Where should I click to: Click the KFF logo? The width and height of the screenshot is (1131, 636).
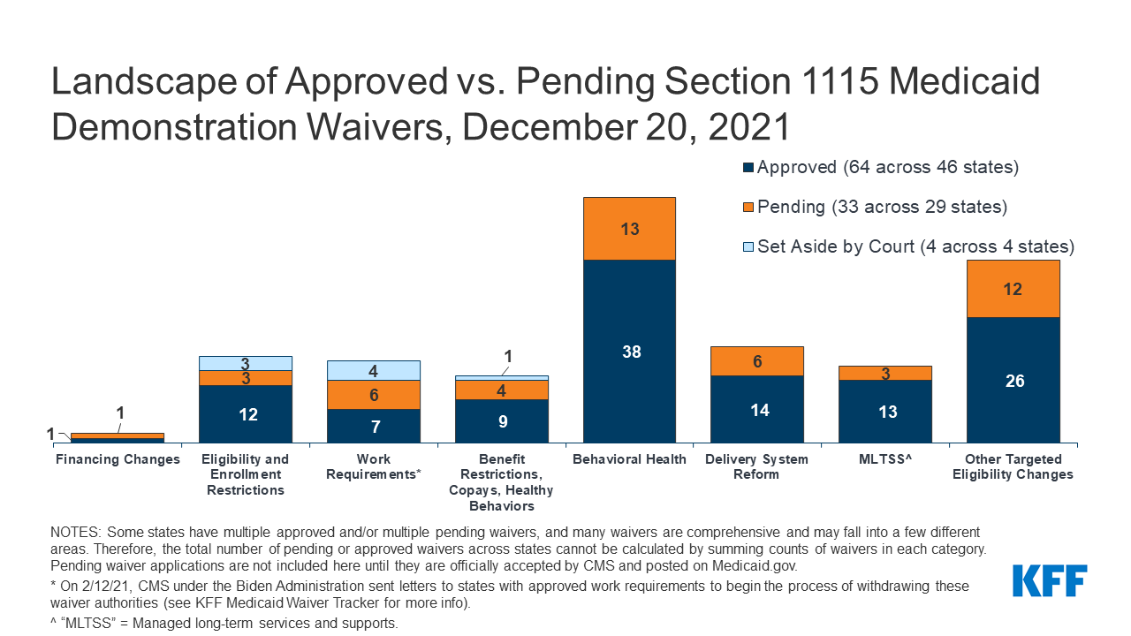[x=1049, y=581]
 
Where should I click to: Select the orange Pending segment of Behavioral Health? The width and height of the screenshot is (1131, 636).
[x=629, y=229]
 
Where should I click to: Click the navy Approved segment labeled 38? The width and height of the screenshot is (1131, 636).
[x=629, y=352]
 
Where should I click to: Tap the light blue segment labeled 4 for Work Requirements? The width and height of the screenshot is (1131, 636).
[x=373, y=371]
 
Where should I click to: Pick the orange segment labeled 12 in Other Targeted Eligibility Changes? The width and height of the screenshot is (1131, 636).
[x=1013, y=289]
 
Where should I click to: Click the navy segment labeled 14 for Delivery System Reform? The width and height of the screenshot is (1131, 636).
[x=757, y=409]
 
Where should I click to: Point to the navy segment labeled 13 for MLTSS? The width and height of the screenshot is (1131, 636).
[x=884, y=411]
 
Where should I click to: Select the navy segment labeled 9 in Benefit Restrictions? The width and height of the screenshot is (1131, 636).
[x=501, y=420]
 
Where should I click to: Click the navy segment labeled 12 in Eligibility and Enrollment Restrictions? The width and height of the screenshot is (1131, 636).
[x=246, y=413]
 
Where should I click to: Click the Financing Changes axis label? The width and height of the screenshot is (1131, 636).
[x=118, y=459]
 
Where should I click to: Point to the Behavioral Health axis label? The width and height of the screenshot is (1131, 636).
[x=629, y=459]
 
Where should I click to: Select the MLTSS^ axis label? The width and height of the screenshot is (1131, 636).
[x=884, y=459]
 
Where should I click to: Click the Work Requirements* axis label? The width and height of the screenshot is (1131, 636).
[x=373, y=466]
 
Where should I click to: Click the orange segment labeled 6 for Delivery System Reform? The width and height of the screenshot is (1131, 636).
[x=757, y=361]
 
